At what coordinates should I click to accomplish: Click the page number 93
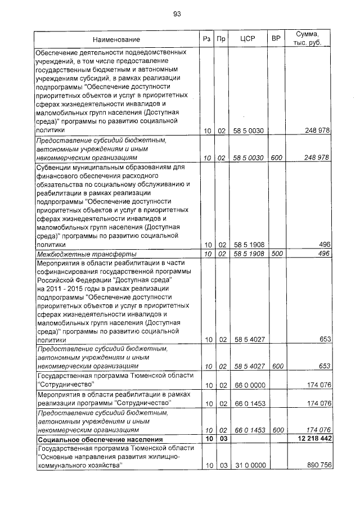[x=177, y=14]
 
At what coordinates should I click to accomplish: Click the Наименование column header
[x=117, y=40]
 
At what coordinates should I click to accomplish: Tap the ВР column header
[x=276, y=39]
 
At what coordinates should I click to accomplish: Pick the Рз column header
[x=208, y=39]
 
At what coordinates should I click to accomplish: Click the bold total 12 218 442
[x=309, y=439]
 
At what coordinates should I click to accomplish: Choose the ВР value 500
[x=276, y=254]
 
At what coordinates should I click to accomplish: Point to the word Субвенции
[x=55, y=167]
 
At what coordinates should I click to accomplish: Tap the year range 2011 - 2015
[x=64, y=289]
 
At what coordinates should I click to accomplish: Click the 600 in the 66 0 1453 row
[x=276, y=430]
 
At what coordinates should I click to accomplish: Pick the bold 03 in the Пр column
[x=222, y=439]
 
